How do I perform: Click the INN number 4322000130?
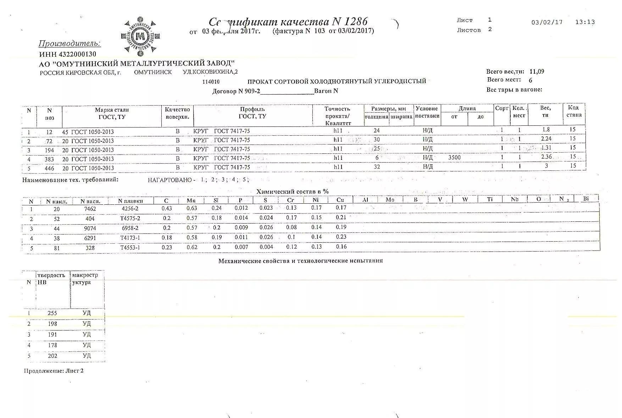pyautogui.click(x=68, y=54)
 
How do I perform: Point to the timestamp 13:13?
pyautogui.click(x=585, y=22)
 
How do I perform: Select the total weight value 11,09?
pyautogui.click(x=537, y=71)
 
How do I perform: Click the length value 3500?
pyautogui.click(x=454, y=157)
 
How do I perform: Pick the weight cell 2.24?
pyautogui.click(x=546, y=139)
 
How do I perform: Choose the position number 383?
pyautogui.click(x=49, y=159)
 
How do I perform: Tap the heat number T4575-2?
pyautogui.click(x=130, y=218)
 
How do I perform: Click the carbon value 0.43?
pyautogui.click(x=167, y=208)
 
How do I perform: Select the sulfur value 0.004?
pyautogui.click(x=266, y=247)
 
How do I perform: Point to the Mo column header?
pyautogui.click(x=390, y=200)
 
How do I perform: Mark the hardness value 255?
pyautogui.click(x=52, y=313)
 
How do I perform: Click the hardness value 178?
pyautogui.click(x=52, y=345)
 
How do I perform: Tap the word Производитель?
pyautogui.click(x=70, y=44)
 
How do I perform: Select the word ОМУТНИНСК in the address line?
pyautogui.click(x=153, y=72)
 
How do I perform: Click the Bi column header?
pyautogui.click(x=586, y=199)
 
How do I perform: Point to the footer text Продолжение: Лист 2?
pyautogui.click(x=54, y=371)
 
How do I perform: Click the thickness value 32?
pyautogui.click(x=377, y=166)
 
